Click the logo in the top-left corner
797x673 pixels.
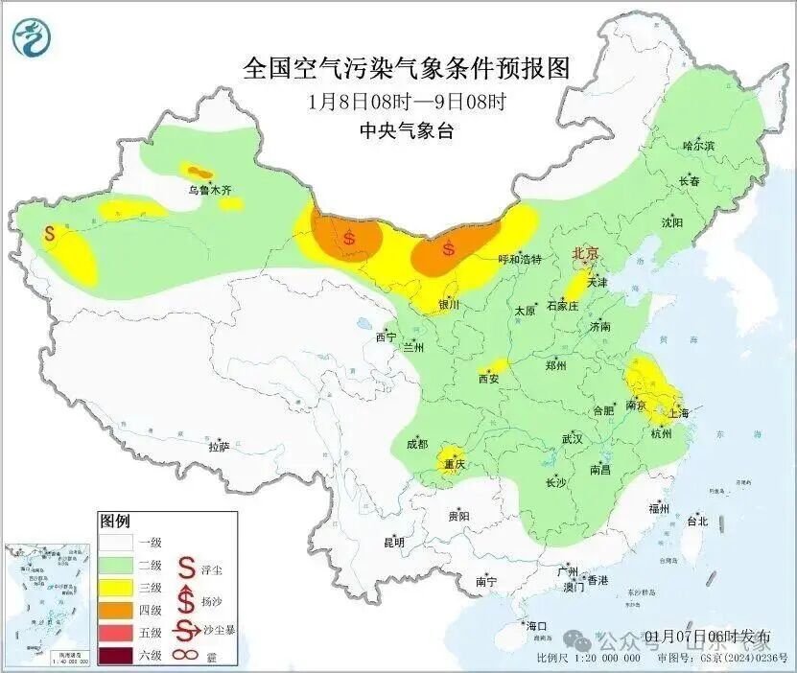33,37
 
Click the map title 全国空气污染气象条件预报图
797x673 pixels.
407,68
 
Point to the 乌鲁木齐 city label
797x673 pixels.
209,191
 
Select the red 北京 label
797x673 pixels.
585,253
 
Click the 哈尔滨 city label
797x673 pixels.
698,145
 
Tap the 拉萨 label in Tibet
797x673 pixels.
219,447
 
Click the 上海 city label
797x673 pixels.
678,413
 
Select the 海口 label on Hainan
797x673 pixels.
537,626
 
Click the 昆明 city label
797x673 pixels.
394,543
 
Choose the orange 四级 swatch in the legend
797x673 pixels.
116,609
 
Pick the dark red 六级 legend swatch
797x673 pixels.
116,656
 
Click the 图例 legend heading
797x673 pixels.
114,522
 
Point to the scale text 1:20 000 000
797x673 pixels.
603,659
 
